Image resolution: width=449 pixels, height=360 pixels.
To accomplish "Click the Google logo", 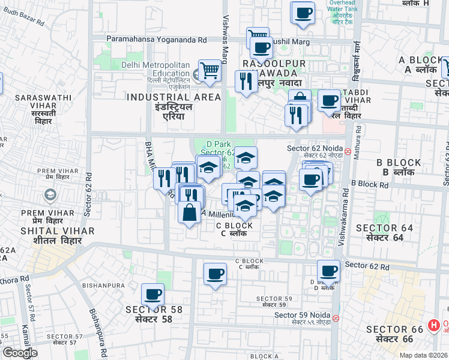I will pyautogui.click(x=20, y=353).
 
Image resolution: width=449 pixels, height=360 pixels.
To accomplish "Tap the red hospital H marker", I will pyautogui.click(x=433, y=326).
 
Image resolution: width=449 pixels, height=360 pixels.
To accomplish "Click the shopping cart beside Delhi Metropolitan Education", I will pyautogui.click(x=209, y=71).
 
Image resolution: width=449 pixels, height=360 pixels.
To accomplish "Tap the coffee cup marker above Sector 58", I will pyautogui.click(x=152, y=294).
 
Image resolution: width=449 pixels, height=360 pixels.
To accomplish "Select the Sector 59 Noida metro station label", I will pyautogui.click(x=302, y=315).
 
